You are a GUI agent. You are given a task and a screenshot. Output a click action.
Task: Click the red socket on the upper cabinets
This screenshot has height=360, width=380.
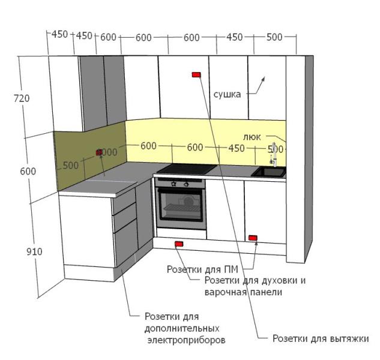tap(196, 74)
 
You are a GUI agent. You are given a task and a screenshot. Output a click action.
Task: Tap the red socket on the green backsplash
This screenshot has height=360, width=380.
tap(99, 153)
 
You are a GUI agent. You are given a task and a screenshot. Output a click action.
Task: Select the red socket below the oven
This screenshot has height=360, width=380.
tap(178, 244)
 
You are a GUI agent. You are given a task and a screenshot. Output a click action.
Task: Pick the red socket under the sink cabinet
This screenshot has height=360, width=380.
tap(253, 238)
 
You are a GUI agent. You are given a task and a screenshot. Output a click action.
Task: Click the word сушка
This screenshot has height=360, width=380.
tap(227, 94)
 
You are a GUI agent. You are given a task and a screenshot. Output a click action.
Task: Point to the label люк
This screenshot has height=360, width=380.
tap(253, 137)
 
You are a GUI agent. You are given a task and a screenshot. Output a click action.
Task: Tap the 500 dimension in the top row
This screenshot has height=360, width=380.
tap(274, 37)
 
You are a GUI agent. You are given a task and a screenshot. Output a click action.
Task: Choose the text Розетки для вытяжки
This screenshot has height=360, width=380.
tap(320, 338)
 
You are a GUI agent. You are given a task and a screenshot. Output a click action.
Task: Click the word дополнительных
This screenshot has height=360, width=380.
tap(182, 328)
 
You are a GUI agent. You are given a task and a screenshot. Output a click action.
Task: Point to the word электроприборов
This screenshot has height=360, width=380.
tap(186, 340)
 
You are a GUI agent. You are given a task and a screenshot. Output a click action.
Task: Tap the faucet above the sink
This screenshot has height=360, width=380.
tap(274, 152)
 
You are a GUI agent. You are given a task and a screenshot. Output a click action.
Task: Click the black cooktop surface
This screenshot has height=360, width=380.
tap(185, 169)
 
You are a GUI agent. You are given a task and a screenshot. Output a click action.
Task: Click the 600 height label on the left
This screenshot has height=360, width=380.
tap(28, 172)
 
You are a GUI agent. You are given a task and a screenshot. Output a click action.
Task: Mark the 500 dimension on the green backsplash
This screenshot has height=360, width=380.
tap(70, 166)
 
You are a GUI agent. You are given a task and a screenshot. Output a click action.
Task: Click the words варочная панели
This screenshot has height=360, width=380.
tap(243, 292)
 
